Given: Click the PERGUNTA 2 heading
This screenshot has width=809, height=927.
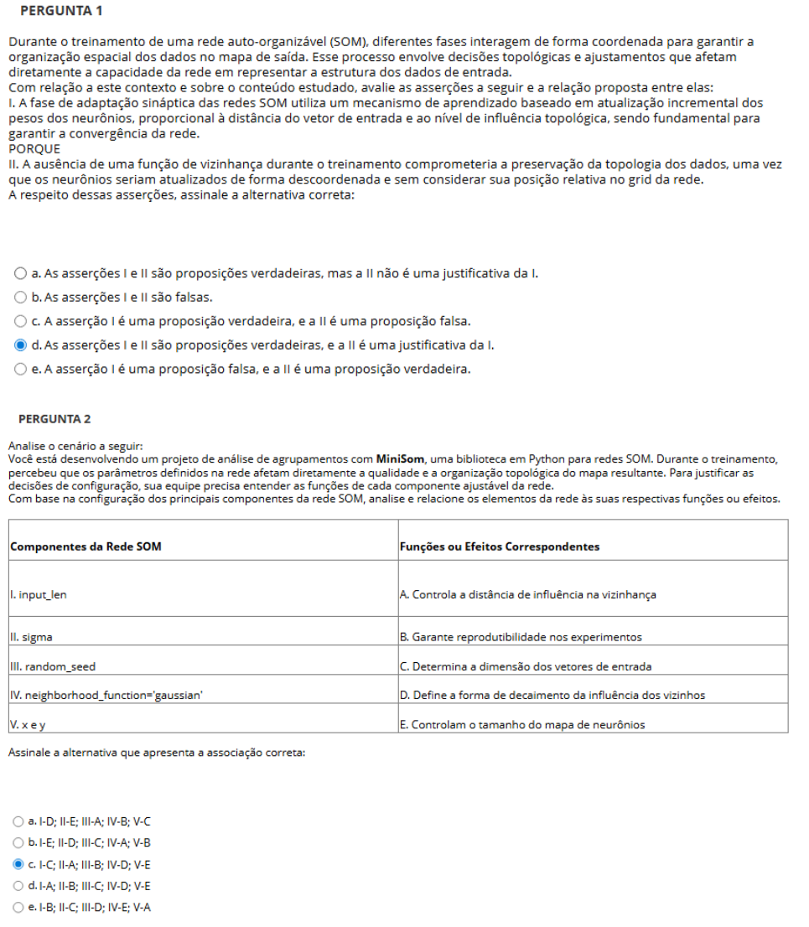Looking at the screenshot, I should [x=54, y=418].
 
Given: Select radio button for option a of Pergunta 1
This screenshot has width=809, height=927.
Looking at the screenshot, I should [x=20, y=273].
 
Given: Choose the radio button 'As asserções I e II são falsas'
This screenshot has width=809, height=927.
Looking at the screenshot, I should [x=20, y=297].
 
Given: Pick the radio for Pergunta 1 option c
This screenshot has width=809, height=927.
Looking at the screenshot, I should [x=20, y=321].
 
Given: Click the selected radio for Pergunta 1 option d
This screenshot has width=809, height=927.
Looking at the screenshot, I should [x=20, y=344].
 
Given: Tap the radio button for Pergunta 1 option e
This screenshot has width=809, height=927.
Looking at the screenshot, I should [x=20, y=369].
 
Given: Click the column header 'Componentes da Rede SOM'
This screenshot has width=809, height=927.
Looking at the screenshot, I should [x=86, y=546].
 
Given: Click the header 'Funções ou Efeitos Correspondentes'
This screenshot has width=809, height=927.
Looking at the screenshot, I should [x=500, y=546].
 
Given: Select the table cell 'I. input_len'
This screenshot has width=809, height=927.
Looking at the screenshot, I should [x=39, y=595].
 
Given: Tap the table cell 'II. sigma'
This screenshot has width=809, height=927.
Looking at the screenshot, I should [x=31, y=637].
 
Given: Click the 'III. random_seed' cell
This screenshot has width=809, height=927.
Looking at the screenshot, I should [x=53, y=666].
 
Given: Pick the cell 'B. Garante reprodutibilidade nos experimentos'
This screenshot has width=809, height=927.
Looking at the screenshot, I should [x=521, y=637].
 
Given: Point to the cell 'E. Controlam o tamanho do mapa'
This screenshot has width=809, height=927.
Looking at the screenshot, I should [x=522, y=725].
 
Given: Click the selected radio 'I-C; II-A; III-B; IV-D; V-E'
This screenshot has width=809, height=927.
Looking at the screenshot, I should [x=18, y=863].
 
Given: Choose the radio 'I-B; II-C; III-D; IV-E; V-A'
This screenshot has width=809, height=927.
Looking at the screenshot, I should [x=18, y=907].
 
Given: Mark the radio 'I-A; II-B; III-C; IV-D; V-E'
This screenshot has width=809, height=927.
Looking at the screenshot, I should [x=18, y=885].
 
